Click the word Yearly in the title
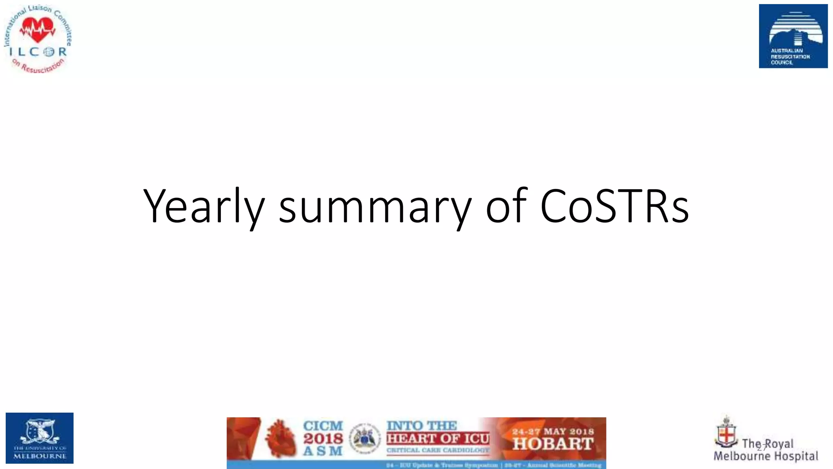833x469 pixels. tap(203, 207)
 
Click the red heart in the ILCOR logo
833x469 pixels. tap(38, 30)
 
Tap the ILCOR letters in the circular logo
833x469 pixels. tap(38, 52)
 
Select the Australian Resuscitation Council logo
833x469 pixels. tap(793, 36)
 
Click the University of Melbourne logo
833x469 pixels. tap(39, 438)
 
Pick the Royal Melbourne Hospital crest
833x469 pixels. tap(726, 432)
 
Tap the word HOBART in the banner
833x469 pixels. tap(553, 444)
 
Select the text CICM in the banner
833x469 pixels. tap(323, 426)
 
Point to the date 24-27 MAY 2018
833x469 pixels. tap(553, 431)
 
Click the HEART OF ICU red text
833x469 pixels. tap(438, 438)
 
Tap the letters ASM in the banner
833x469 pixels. tap(323, 451)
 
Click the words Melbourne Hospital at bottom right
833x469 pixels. tap(766, 456)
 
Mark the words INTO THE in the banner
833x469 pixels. tap(421, 426)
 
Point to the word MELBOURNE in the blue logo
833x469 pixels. tap(40, 456)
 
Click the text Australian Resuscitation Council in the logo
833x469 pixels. tap(790, 57)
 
